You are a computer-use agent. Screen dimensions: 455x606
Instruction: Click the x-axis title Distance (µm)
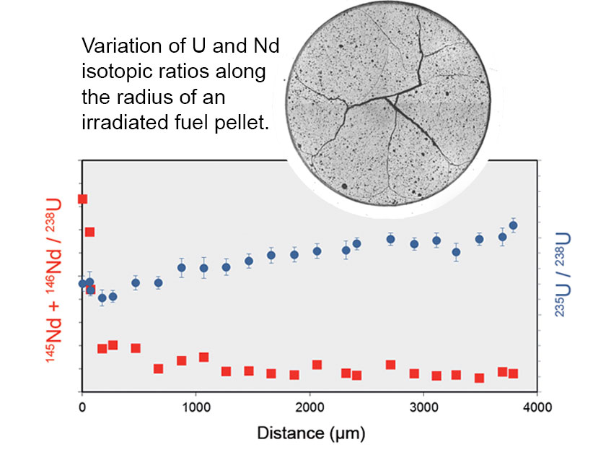click(311, 433)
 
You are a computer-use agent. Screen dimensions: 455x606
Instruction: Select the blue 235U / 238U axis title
click(562, 274)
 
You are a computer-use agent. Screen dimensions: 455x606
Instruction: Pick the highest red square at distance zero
click(82, 199)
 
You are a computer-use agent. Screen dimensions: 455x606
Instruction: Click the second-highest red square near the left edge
click(89, 232)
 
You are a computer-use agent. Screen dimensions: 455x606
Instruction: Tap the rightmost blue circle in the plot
click(513, 225)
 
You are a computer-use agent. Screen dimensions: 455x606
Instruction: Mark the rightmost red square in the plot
click(513, 373)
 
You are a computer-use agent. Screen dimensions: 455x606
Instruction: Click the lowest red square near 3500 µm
click(479, 378)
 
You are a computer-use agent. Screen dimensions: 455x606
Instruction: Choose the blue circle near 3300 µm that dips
click(456, 252)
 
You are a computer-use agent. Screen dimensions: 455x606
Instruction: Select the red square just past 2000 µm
click(317, 365)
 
